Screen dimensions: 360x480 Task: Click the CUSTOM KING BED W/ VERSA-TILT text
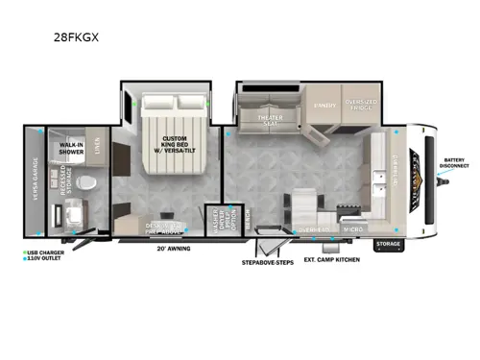[x=180, y=150]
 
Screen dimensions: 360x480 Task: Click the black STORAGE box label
[x=389, y=244]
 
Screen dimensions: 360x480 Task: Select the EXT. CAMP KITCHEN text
[x=328, y=259]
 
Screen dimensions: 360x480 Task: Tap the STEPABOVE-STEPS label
[x=268, y=259]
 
